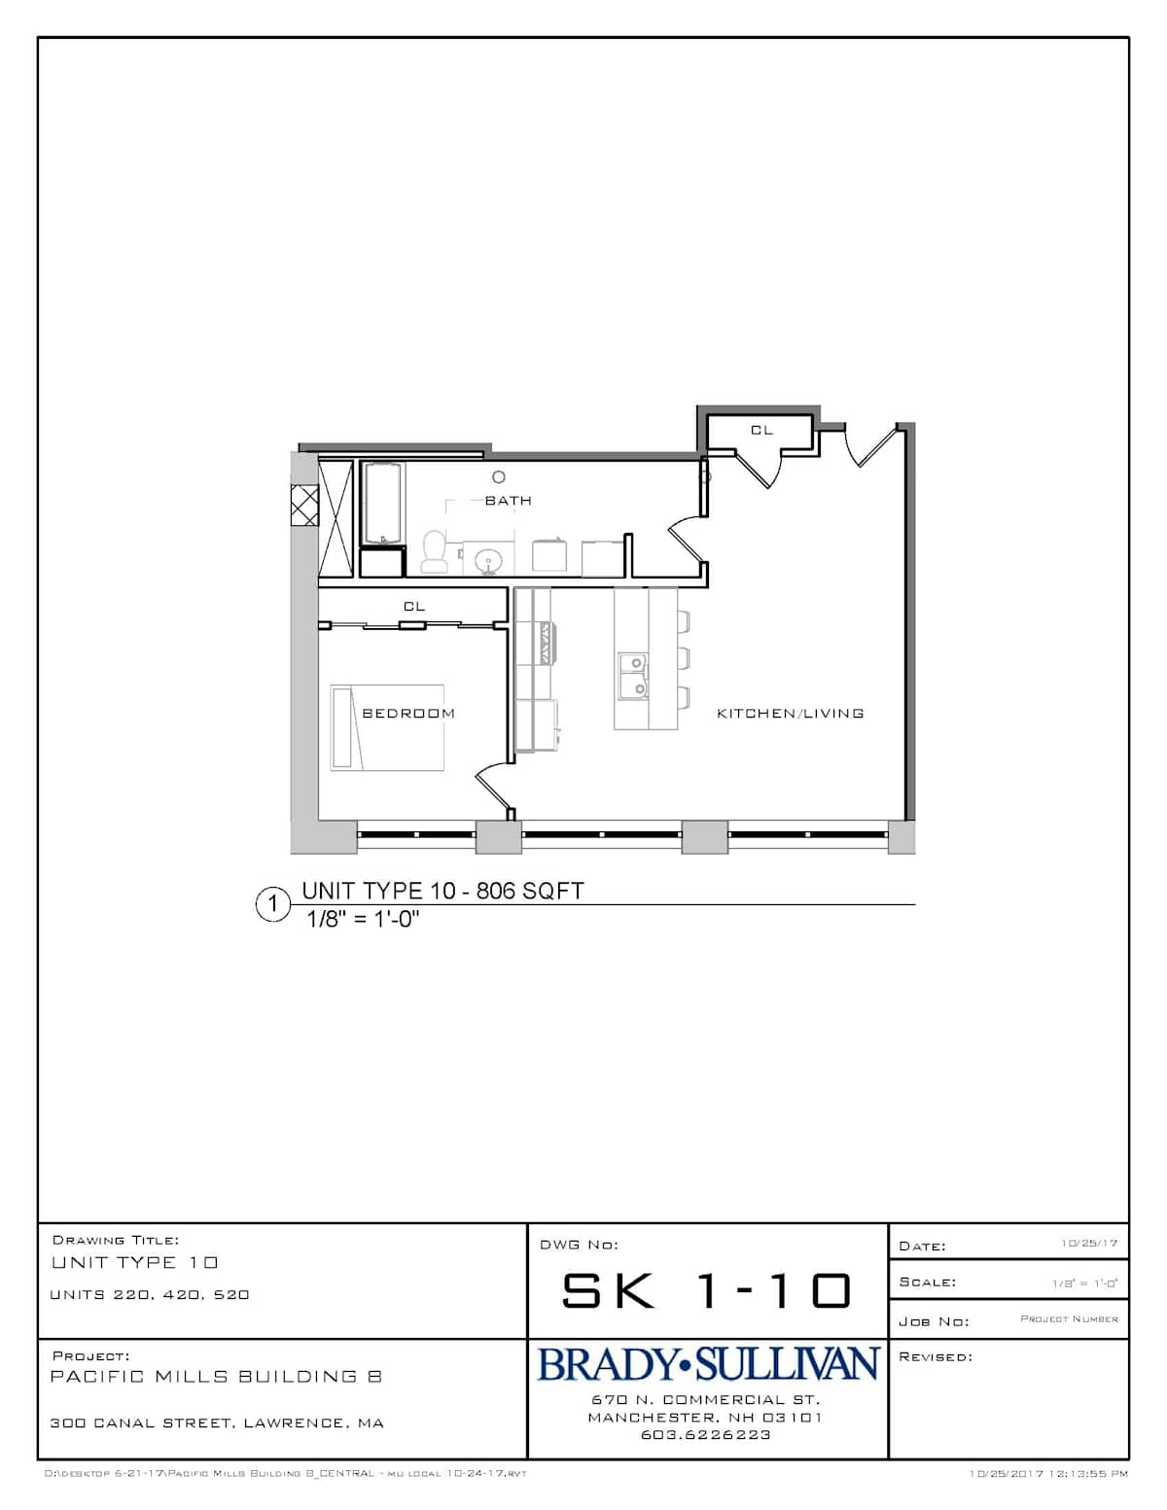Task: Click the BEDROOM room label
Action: pyautogui.click(x=408, y=713)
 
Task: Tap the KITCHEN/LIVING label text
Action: pyautogui.click(x=791, y=713)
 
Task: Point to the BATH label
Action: pyautogui.click(x=508, y=501)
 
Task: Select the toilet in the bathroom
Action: pyautogui.click(x=435, y=551)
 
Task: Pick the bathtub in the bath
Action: pyautogui.click(x=381, y=503)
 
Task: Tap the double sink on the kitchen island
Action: pyautogui.click(x=633, y=675)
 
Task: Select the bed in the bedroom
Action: pyautogui.click(x=387, y=727)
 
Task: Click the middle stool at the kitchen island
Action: pyautogui.click(x=684, y=658)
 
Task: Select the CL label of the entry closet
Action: pyautogui.click(x=761, y=430)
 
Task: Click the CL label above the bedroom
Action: pyautogui.click(x=414, y=607)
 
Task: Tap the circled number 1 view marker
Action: pyautogui.click(x=272, y=904)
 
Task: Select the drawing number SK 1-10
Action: pyautogui.click(x=706, y=1291)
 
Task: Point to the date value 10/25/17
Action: pyautogui.click(x=1089, y=1244)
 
